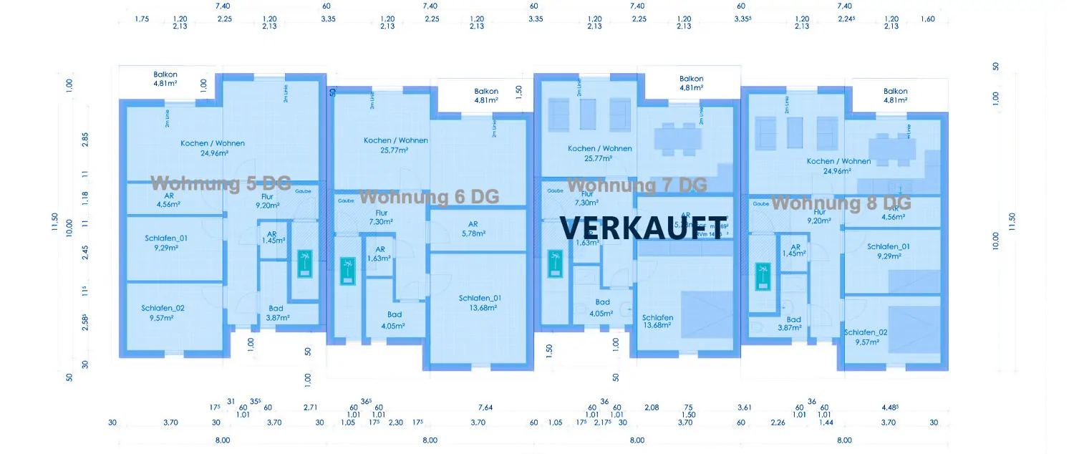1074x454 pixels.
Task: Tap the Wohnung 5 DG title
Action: tap(221, 183)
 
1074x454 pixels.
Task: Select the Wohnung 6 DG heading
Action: tap(429, 196)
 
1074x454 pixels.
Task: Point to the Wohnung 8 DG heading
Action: tap(841, 203)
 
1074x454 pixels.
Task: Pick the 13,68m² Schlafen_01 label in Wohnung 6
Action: tap(480, 303)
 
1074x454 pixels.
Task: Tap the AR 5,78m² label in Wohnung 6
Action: tap(473, 228)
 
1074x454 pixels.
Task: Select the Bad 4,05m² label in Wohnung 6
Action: tap(395, 319)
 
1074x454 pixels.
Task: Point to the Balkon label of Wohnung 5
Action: tap(165, 78)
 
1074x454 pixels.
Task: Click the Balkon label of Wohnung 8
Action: tap(895, 95)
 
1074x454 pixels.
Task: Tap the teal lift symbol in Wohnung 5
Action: tap(306, 263)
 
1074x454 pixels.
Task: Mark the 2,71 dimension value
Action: tap(310, 407)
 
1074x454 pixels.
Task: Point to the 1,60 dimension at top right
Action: tap(927, 19)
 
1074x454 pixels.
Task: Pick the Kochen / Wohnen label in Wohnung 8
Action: tap(838, 166)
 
